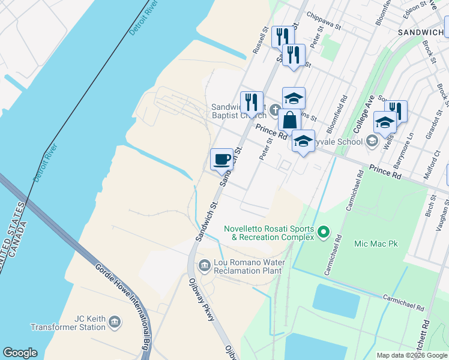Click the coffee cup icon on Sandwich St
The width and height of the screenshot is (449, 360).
tap(222, 159)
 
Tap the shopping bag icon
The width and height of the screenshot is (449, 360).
tap(289, 119)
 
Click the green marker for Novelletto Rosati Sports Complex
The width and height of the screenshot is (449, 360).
tap(324, 231)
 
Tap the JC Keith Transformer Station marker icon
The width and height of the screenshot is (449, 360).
tap(114, 322)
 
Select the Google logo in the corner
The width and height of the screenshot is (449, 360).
tap(20, 353)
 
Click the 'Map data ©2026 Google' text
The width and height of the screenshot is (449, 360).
tap(412, 355)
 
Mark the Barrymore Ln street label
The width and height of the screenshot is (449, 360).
tap(402, 155)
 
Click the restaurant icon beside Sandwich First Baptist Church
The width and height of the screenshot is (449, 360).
tap(252, 101)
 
